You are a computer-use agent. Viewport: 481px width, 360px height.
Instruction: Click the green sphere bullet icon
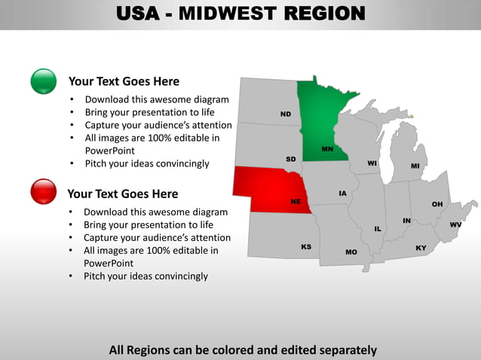click(x=44, y=81)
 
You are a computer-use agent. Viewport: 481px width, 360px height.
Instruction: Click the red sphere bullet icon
click(x=44, y=191)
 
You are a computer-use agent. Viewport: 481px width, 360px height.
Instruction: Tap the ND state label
click(x=286, y=114)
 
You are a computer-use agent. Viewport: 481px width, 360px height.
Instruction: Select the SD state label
click(x=290, y=159)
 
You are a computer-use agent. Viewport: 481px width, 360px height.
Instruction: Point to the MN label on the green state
click(x=327, y=149)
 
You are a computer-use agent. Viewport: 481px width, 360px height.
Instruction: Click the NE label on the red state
click(x=296, y=202)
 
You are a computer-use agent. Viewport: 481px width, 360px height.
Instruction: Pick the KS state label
click(x=306, y=246)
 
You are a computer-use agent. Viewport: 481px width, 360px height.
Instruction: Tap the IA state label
click(x=343, y=194)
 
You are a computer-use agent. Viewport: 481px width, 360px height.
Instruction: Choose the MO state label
click(x=351, y=252)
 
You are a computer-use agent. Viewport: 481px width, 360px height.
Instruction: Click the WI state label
click(x=372, y=163)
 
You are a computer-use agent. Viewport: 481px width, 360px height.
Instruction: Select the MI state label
click(x=415, y=166)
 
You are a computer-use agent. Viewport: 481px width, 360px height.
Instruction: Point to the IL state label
click(x=378, y=229)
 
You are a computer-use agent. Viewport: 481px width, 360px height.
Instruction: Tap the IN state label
click(x=406, y=221)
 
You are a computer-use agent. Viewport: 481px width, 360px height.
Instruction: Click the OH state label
click(x=437, y=204)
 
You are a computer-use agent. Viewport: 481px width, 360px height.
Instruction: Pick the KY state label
click(x=421, y=248)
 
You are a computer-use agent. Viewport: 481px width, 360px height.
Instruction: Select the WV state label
click(x=455, y=225)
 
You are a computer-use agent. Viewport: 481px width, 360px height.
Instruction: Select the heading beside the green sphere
click(x=124, y=81)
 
